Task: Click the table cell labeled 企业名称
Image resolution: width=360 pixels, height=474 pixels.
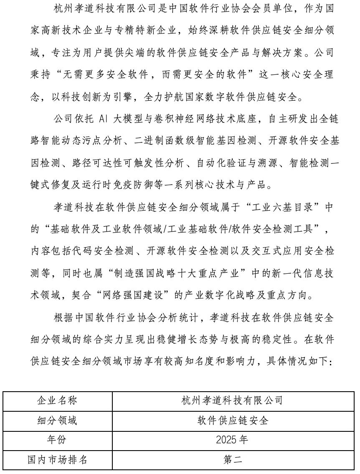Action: pos(57,400)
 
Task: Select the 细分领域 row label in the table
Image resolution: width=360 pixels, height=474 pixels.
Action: pos(57,420)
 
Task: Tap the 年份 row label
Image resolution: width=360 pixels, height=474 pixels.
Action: pos(57,440)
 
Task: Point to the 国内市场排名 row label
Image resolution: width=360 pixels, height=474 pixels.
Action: pos(57,460)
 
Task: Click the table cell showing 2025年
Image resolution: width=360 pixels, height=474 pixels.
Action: pos(232,440)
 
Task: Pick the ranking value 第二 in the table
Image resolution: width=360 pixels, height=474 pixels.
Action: pos(232,460)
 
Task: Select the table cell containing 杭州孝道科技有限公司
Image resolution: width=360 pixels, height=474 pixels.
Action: pos(232,400)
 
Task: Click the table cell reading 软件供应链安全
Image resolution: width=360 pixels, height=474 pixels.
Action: pos(232,420)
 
